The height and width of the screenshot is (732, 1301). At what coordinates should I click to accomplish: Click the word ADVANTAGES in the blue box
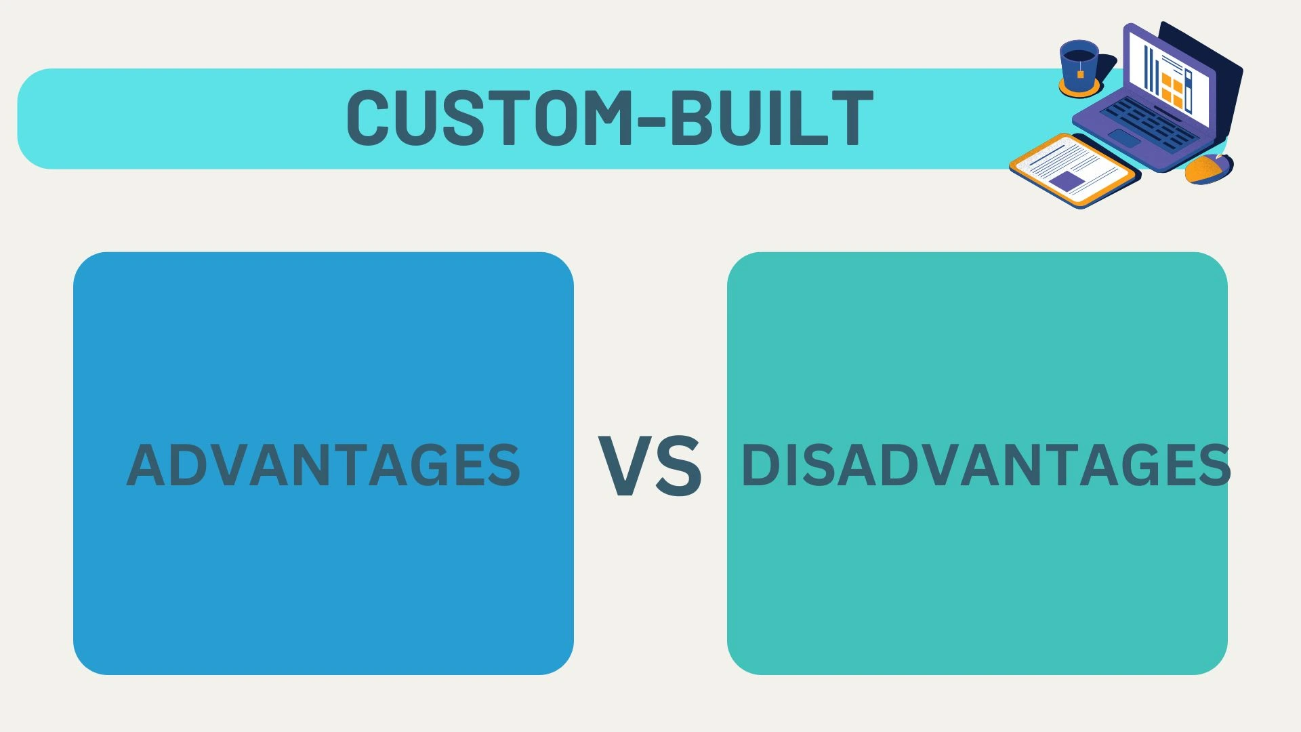pyautogui.click(x=323, y=465)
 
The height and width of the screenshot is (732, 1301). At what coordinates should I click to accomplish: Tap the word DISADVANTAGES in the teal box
pyautogui.click(x=986, y=465)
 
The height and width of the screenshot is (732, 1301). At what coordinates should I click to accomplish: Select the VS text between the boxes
pyautogui.click(x=650, y=466)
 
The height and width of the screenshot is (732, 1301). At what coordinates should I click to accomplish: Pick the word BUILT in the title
pyautogui.click(x=770, y=117)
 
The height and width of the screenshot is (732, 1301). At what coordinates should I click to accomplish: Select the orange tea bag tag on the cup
pyautogui.click(x=1080, y=73)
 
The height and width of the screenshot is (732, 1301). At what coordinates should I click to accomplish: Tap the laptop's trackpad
pyautogui.click(x=1123, y=138)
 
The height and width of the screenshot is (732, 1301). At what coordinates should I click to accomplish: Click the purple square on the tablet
pyautogui.click(x=1067, y=181)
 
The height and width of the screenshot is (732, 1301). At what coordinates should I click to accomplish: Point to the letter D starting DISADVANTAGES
pyautogui.click(x=760, y=465)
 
